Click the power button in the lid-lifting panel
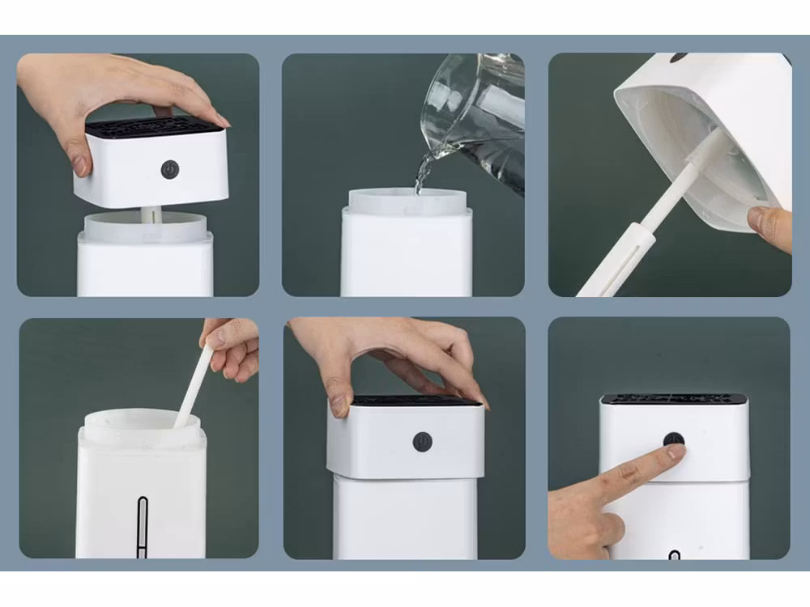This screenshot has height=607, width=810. [169, 168]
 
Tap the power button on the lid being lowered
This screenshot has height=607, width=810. [422, 441]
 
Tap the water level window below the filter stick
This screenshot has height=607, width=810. [143, 526]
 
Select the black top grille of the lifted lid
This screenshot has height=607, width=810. [154, 127]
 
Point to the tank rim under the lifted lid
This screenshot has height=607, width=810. [146, 228]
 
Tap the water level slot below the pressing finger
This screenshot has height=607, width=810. [674, 554]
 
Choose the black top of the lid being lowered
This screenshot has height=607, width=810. [417, 400]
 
